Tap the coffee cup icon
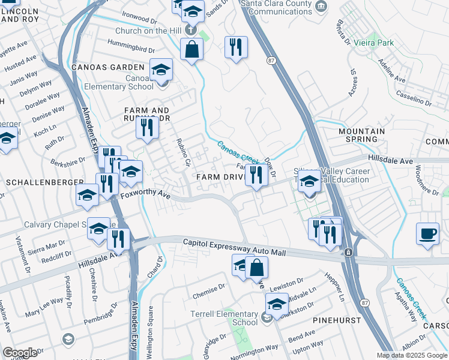point(427,234)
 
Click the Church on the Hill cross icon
point(190,29)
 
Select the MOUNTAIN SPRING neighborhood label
point(361,135)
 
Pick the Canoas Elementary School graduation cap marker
point(160,70)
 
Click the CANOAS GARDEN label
point(108,67)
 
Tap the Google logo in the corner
point(20,352)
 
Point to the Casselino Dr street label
point(414,99)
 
